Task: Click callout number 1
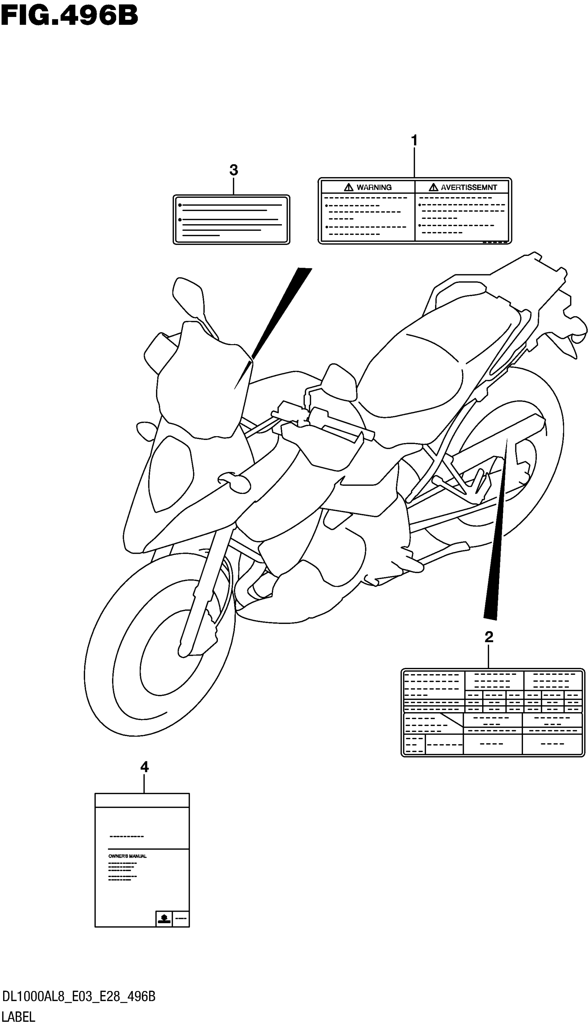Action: coord(414,140)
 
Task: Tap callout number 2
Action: coord(489,637)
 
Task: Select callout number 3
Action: coord(233,170)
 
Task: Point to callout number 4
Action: coord(144,766)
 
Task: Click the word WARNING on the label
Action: coord(374,187)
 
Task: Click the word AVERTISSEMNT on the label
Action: coord(468,187)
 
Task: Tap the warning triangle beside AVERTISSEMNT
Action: coord(433,187)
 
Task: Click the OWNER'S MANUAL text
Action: coord(127,856)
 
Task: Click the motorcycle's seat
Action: coord(416,371)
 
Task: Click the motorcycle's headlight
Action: coord(169,472)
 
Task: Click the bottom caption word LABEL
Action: coord(19,1016)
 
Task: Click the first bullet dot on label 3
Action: coord(180,205)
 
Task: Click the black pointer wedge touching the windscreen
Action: coord(279,315)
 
